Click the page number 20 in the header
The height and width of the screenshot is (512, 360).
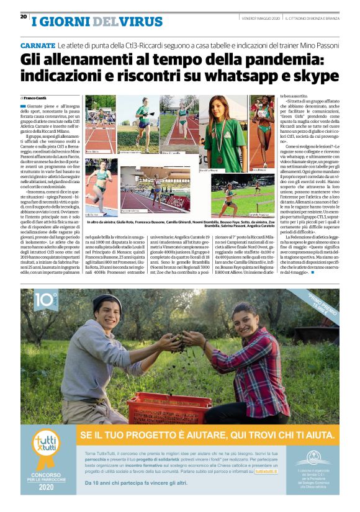pyautogui.click(x=23, y=16)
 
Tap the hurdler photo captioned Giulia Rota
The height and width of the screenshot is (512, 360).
pyautogui.click(x=100, y=127)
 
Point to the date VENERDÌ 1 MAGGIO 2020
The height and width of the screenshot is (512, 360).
pyautogui.click(x=261, y=17)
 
